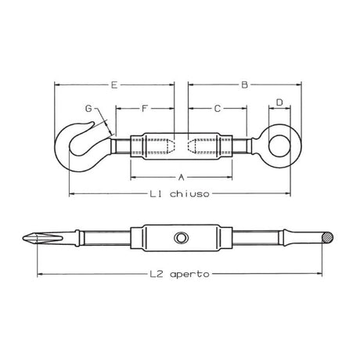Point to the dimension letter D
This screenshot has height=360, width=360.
click(279, 103)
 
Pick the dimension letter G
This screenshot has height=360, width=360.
click(88, 107)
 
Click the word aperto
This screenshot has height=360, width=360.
click(192, 275)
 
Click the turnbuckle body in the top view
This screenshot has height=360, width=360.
click(181, 146)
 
